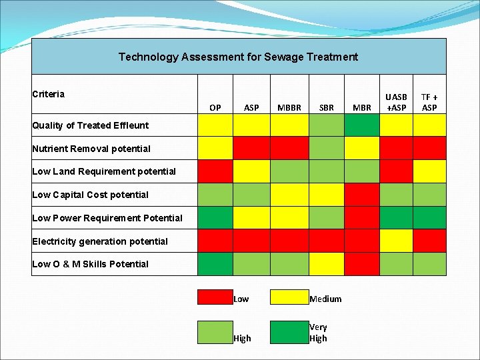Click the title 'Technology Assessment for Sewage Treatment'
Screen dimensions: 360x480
(238, 57)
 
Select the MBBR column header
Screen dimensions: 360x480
(289, 107)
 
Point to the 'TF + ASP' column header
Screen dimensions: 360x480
(429, 102)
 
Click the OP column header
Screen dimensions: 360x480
(215, 107)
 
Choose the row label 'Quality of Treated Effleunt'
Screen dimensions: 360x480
(81, 125)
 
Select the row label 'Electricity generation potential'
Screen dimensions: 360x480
(100, 241)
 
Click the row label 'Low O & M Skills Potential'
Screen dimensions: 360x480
(91, 264)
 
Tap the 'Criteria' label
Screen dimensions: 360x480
(49, 94)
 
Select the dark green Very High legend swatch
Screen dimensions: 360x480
(289, 331)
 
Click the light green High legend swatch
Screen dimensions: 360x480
(215, 331)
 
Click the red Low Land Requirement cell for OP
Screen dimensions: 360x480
(215, 171)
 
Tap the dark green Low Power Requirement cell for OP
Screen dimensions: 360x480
(215, 217)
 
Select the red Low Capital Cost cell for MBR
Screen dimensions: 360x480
(361, 195)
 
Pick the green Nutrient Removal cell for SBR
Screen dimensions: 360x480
(326, 148)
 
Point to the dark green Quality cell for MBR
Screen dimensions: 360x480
(361, 125)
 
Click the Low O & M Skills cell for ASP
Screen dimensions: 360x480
(251, 264)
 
